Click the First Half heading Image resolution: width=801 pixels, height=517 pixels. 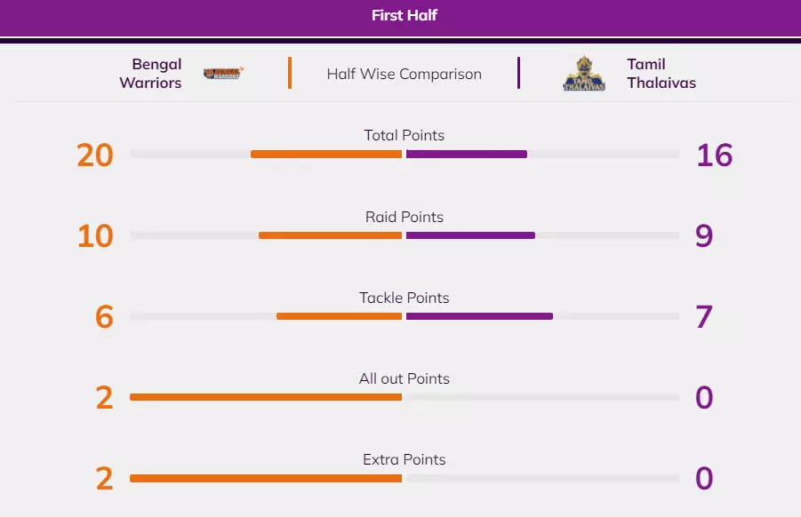point(405,15)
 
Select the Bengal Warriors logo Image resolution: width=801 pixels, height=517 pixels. point(223,74)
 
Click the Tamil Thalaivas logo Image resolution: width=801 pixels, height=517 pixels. point(584,74)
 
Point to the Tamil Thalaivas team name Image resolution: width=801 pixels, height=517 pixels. point(661,74)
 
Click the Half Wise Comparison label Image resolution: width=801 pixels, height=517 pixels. point(404,74)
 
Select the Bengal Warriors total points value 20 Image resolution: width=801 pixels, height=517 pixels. point(95,155)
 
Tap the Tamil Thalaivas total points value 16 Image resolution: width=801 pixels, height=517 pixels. point(714,155)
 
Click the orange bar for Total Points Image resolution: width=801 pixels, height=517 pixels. point(326,154)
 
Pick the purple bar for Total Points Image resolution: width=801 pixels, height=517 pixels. point(467,154)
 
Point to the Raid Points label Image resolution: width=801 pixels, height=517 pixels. point(405,217)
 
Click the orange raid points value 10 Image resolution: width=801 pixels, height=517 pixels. point(95,236)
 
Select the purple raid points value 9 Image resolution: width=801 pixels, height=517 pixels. point(704,236)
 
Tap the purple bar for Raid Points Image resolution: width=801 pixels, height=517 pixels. point(470,235)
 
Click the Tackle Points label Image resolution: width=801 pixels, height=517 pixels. point(405,298)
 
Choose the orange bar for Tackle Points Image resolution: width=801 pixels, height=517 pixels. point(339,316)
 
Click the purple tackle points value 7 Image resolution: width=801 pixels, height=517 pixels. point(704,317)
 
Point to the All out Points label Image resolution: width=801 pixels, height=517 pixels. point(405,378)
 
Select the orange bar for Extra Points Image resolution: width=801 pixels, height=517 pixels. point(266,478)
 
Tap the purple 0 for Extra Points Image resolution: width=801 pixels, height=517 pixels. point(704,479)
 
